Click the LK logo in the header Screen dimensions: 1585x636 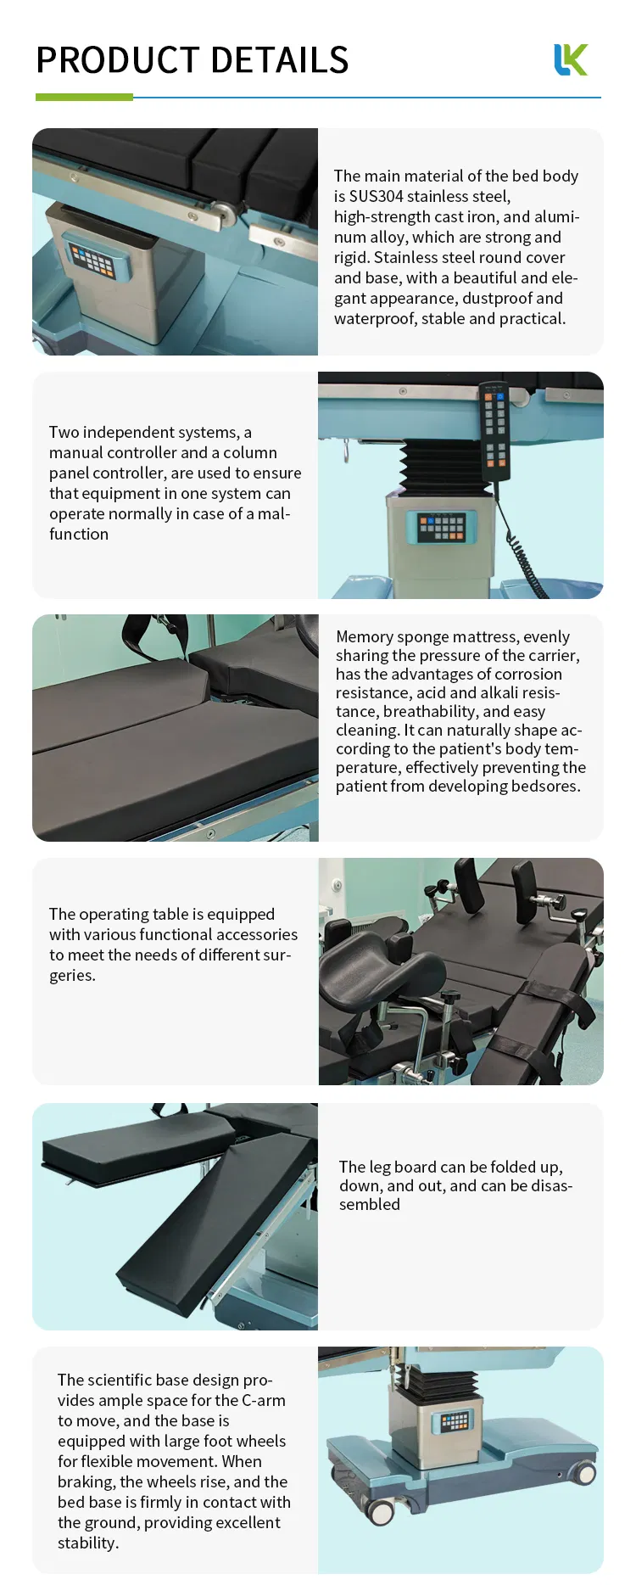click(571, 60)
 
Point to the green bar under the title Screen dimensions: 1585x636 click(84, 98)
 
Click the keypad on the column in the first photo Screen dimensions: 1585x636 click(92, 260)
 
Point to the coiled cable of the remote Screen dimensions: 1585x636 click(525, 552)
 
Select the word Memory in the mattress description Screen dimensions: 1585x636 click(363, 636)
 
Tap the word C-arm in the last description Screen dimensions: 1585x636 click(264, 1400)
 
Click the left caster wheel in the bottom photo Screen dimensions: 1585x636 click(381, 1510)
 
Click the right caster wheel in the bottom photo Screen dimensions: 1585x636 click(584, 1474)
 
